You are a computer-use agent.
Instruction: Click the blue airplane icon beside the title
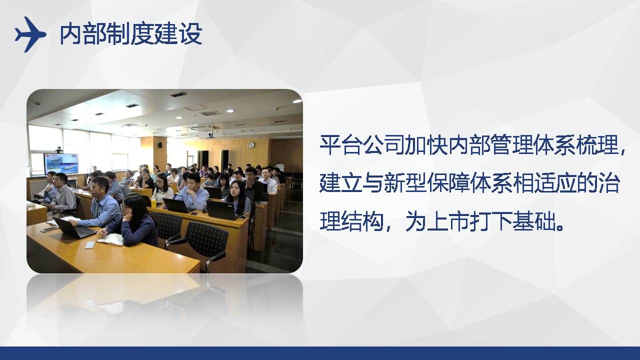pyautogui.click(x=30, y=34)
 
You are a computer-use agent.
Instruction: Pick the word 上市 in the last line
pyautogui.click(x=448, y=221)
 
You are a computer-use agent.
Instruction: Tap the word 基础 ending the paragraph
pyautogui.click(x=533, y=221)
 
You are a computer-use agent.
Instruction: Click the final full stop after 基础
pyautogui.click(x=560, y=227)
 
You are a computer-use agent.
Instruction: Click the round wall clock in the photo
pyautogui.click(x=251, y=145)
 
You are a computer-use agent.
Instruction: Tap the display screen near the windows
pyautogui.click(x=61, y=163)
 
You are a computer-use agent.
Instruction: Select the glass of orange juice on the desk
pyautogui.click(x=154, y=202)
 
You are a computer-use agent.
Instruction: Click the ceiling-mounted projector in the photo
pyautogui.click(x=211, y=134)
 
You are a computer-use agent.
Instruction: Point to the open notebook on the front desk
pyautogui.click(x=111, y=239)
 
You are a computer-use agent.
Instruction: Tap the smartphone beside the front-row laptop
pyautogui.click(x=49, y=229)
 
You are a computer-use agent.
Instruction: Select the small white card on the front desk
pyautogui.click(x=90, y=245)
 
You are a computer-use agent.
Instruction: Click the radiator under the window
pyautogui.click(x=37, y=188)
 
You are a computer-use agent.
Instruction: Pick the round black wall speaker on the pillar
pyautogui.click(x=160, y=145)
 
